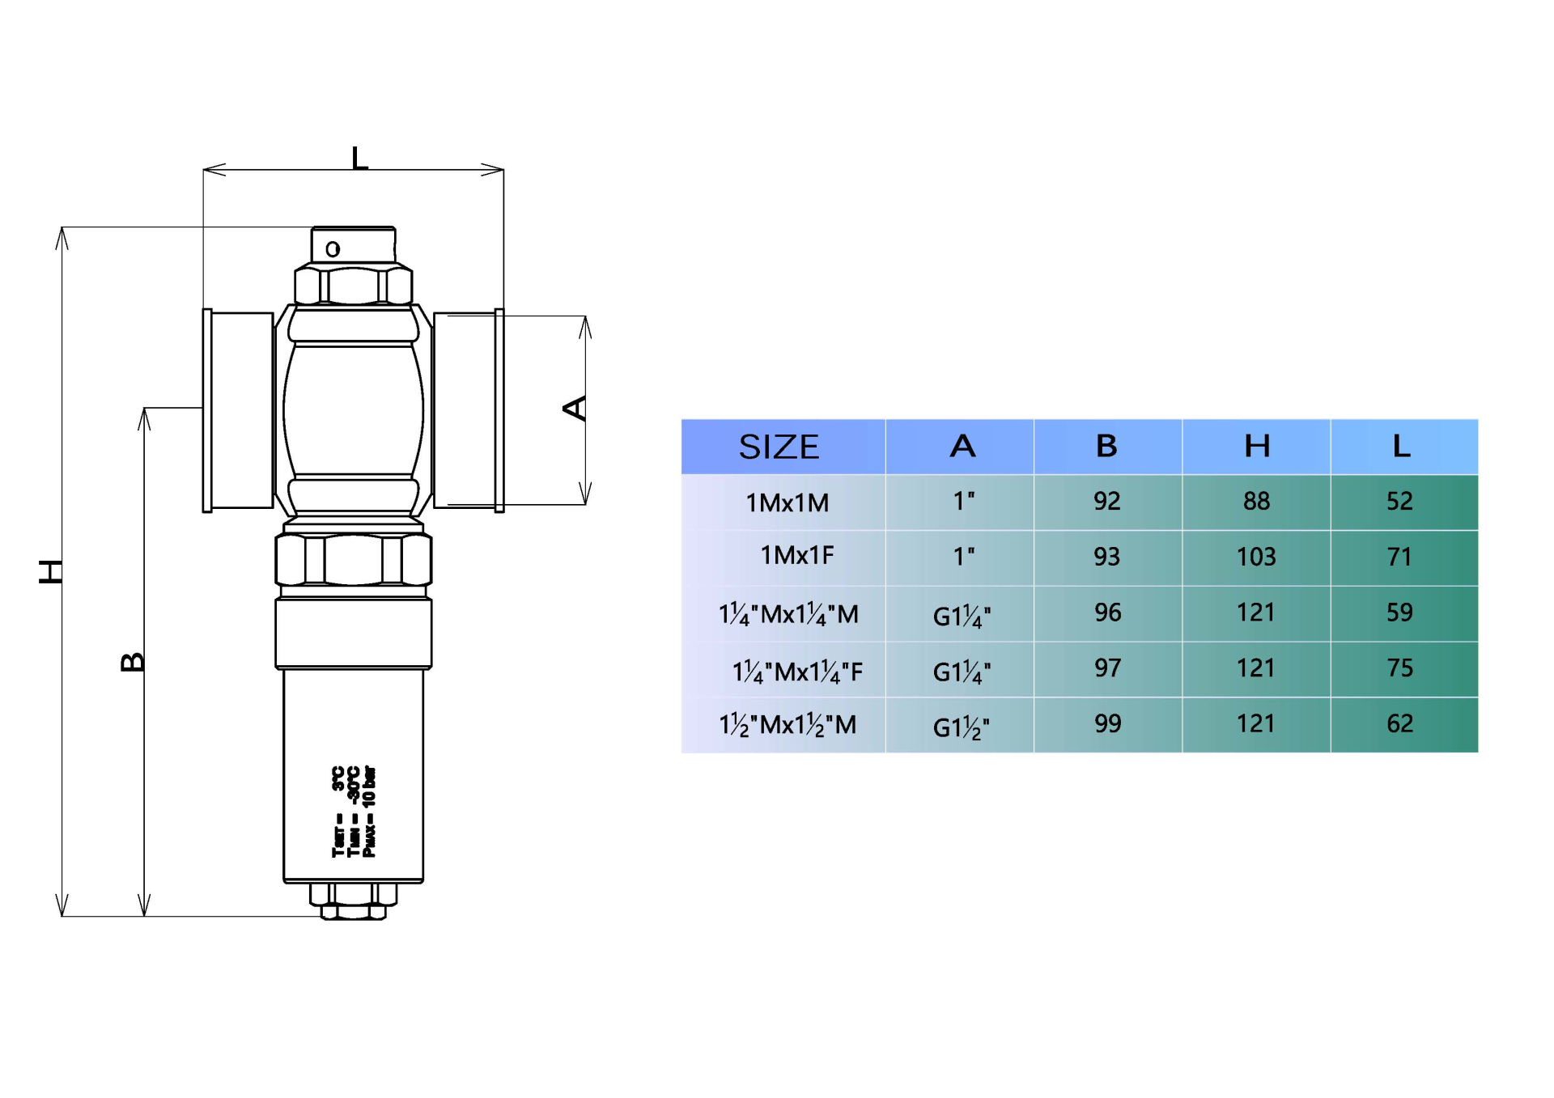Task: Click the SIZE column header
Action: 779,447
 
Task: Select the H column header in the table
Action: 1256,447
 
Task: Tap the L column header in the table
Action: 1402,447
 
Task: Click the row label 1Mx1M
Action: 787,502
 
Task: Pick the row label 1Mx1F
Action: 796,556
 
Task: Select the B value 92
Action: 1106,502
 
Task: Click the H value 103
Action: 1256,557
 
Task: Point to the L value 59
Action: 1399,613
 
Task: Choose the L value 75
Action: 1399,668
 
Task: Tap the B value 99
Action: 1107,723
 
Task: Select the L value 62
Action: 1399,723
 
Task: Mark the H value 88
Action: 1256,502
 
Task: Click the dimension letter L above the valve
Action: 359,158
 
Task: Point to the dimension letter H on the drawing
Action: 51,571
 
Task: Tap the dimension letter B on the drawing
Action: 133,662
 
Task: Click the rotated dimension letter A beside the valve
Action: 575,408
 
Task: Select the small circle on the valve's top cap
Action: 333,249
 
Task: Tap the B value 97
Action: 1107,668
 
